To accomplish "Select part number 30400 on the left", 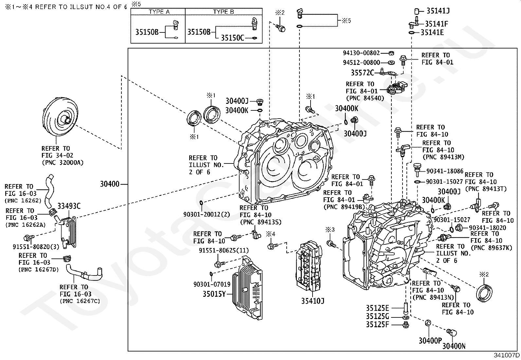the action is (110, 184).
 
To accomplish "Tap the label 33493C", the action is (69, 206).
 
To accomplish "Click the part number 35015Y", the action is (214, 294).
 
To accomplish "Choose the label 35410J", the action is (313, 301).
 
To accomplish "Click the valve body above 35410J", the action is (309, 266).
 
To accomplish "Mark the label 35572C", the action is (362, 73).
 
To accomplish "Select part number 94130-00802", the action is (361, 53).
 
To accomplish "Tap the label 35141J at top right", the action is (438, 11).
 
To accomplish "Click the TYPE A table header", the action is (159, 12).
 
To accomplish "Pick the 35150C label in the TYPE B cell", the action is (232, 38).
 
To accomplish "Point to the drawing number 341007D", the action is (507, 355).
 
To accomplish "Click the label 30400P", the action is (430, 341).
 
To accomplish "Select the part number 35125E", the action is (377, 308).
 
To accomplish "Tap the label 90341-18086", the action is (445, 171).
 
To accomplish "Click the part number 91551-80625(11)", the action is (224, 251).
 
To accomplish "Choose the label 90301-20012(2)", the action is (207, 215).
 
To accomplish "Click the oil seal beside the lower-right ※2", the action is (484, 293).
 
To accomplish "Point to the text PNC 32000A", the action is (63, 162).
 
